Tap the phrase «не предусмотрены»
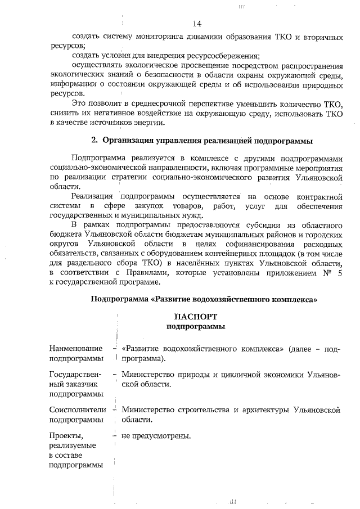[156, 435]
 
